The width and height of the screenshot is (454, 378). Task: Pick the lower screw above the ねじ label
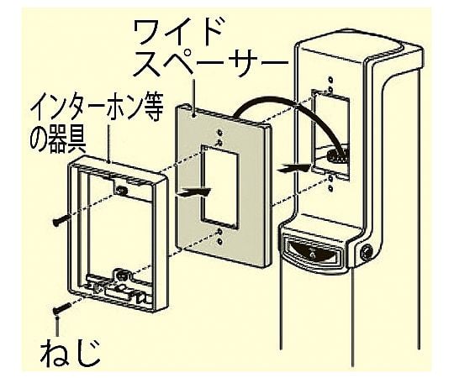[x=62, y=308]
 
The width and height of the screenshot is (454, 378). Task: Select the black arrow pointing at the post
[x=293, y=168]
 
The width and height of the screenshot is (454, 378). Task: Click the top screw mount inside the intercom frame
[x=121, y=190]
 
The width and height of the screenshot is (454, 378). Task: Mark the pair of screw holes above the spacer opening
[x=220, y=138]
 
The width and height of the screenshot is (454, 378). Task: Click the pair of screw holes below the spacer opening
[x=220, y=236]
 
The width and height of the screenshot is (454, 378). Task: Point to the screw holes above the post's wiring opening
[x=330, y=84]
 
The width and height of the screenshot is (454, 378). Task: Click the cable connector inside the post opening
[x=337, y=156]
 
